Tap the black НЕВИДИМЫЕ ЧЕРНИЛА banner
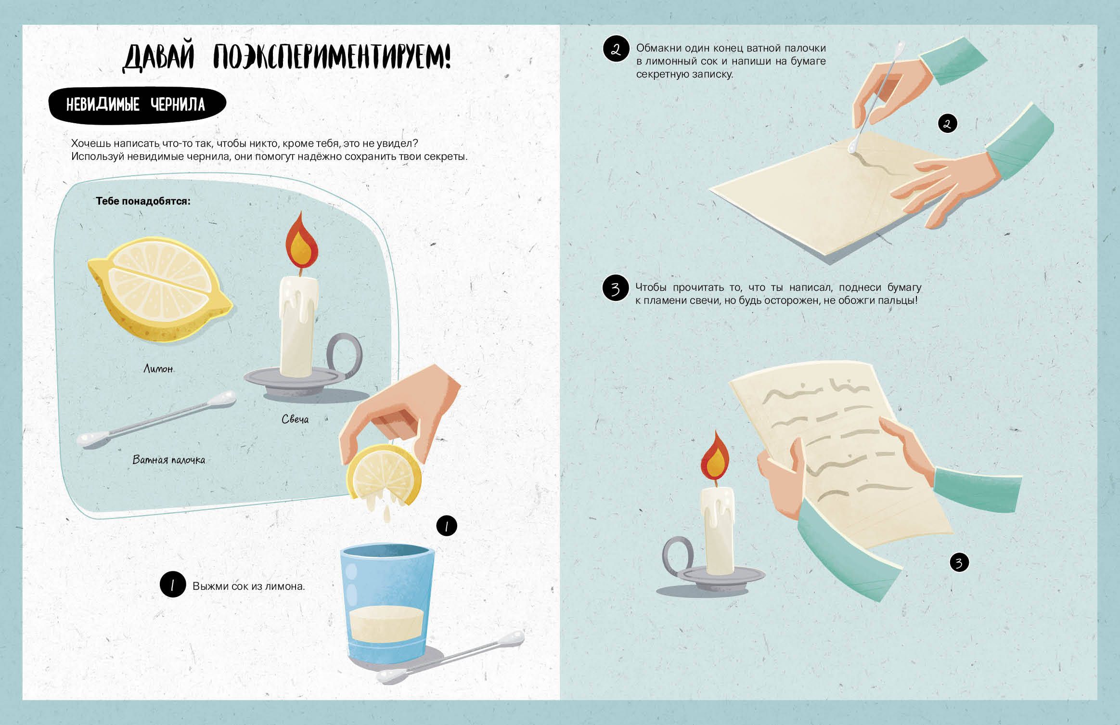click(x=137, y=105)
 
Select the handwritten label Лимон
click(x=158, y=369)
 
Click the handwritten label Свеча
click(x=295, y=419)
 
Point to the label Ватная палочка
click(x=169, y=460)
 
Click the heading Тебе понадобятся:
click(x=143, y=201)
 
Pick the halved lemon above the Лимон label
click(x=160, y=289)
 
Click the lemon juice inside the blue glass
click(x=386, y=624)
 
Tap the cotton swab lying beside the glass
click(x=450, y=658)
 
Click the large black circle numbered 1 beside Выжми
click(x=173, y=584)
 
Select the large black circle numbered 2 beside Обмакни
click(x=616, y=49)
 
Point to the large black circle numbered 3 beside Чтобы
click(x=616, y=288)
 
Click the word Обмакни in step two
click(x=657, y=48)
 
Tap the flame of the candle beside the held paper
click(x=715, y=456)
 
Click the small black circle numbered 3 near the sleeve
click(x=959, y=562)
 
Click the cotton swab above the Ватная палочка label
click(x=157, y=419)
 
